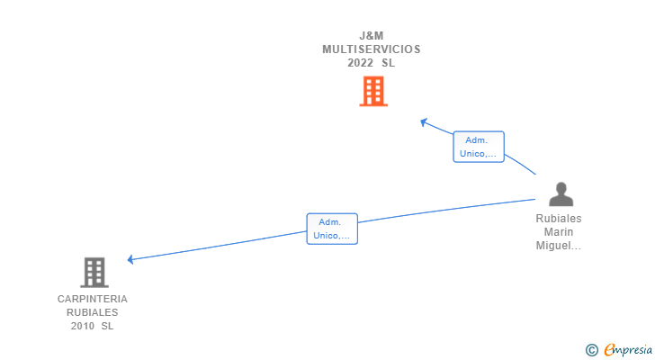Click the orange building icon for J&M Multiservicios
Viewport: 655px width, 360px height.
pyautogui.click(x=372, y=91)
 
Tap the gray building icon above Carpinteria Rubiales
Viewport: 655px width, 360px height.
pyautogui.click(x=94, y=272)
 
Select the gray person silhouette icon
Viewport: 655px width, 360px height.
pyautogui.click(x=561, y=194)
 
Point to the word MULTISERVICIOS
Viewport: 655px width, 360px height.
pyautogui.click(x=372, y=49)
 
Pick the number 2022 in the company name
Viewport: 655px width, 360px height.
pyautogui.click(x=361, y=63)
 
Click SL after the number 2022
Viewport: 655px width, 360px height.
pyautogui.click(x=388, y=63)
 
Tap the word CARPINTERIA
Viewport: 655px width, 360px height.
pyautogui.click(x=93, y=299)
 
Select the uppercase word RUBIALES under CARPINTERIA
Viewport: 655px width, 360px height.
pyautogui.click(x=93, y=312)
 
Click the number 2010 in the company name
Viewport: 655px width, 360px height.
pyautogui.click(x=83, y=326)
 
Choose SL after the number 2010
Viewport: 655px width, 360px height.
pyautogui.click(x=108, y=326)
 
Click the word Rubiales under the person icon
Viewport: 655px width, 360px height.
pyautogui.click(x=559, y=219)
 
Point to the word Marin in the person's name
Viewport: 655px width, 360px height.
pyautogui.click(x=559, y=232)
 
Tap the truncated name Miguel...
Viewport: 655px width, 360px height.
pyautogui.click(x=559, y=246)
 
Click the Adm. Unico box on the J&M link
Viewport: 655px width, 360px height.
pyautogui.click(x=478, y=147)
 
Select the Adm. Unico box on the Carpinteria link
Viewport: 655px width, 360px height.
pyautogui.click(x=332, y=229)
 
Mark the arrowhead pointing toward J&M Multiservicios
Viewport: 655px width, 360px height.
pyautogui.click(x=424, y=121)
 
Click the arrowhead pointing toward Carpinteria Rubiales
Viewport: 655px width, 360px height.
pyautogui.click(x=131, y=259)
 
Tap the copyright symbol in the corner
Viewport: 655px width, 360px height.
pyautogui.click(x=591, y=349)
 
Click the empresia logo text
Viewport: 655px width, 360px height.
pyautogui.click(x=627, y=349)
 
